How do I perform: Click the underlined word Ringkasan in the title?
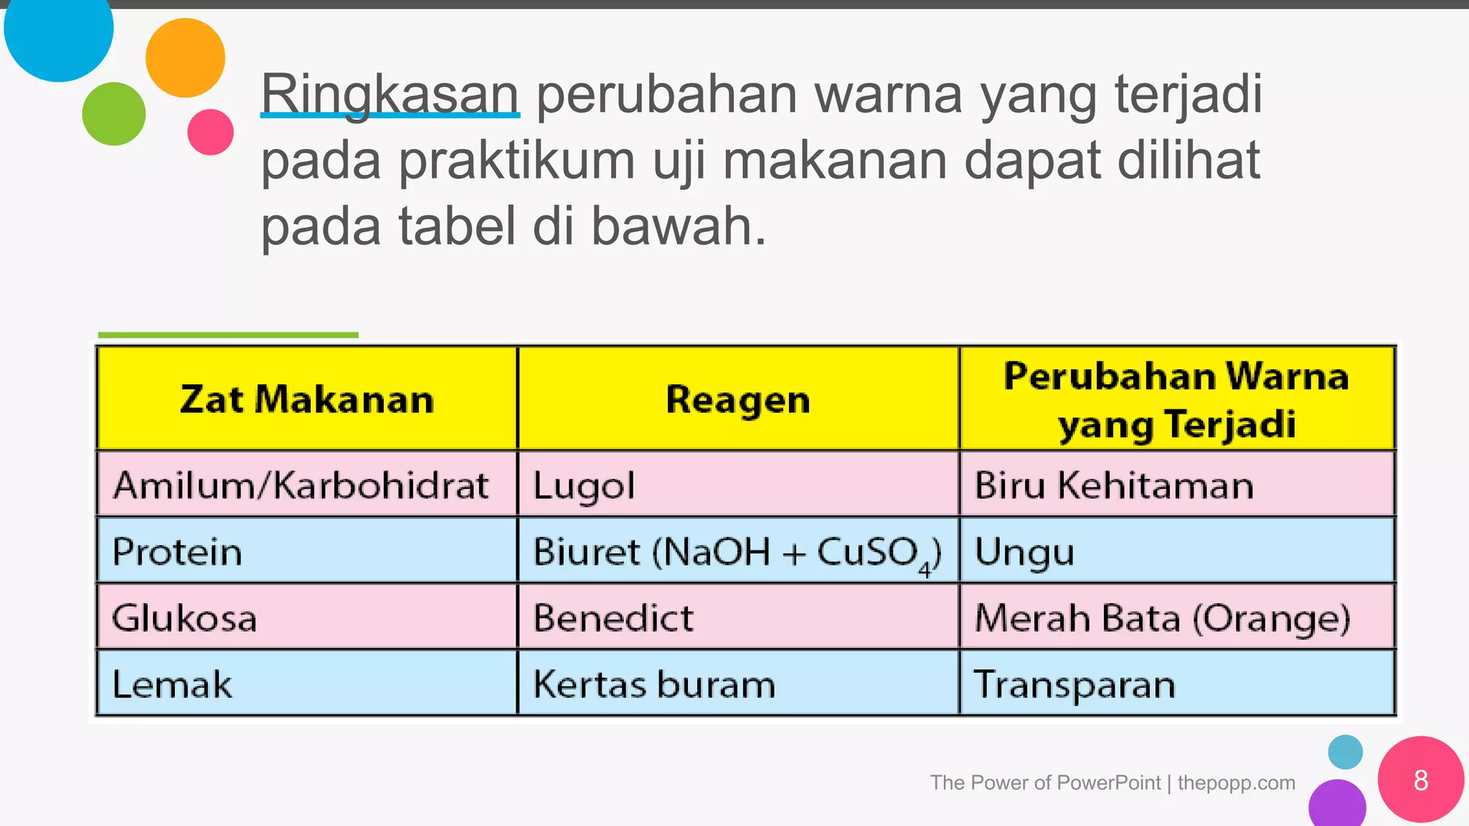click(389, 94)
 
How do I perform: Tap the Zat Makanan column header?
click(307, 399)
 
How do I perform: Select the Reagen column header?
click(738, 399)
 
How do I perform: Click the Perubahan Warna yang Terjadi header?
click(1176, 399)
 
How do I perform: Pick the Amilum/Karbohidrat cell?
click(301, 485)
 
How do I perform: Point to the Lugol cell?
click(585, 485)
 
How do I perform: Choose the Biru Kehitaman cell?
click(1114, 485)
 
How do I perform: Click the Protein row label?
click(177, 551)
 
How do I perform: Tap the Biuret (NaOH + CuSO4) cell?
click(737, 553)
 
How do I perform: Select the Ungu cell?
click(1024, 553)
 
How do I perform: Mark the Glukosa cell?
click(184, 618)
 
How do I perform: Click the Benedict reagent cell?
click(613, 618)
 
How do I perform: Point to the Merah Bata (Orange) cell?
click(1162, 618)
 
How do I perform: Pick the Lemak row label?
click(172, 684)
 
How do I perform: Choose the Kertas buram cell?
click(654, 684)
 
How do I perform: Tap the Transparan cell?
click(1074, 684)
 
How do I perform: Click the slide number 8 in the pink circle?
click(1420, 780)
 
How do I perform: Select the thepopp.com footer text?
click(1236, 782)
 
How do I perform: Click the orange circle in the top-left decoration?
click(185, 58)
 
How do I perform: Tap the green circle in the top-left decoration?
click(114, 114)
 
